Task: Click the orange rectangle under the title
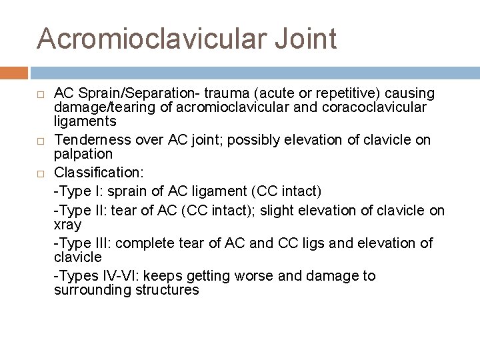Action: click(x=14, y=73)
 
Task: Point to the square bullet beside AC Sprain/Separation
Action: click(x=41, y=93)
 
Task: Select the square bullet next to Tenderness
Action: click(x=41, y=141)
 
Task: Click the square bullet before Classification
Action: click(x=41, y=174)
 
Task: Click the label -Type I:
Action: click(x=76, y=192)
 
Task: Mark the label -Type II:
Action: click(x=78, y=211)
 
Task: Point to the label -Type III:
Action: click(x=80, y=243)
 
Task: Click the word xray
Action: click(x=67, y=225)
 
